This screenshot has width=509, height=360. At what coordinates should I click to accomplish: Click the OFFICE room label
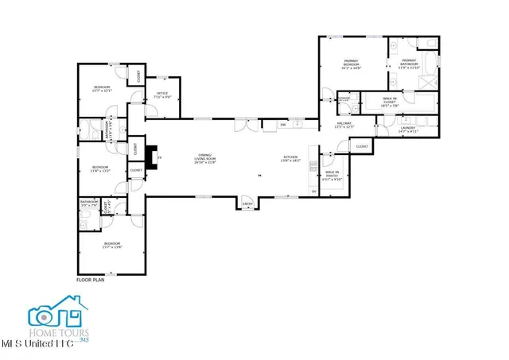pyautogui.click(x=164, y=95)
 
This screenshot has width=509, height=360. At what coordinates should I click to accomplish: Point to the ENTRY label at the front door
pyautogui.click(x=247, y=204)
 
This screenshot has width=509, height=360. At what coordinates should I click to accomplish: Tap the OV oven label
pyautogui.click(x=313, y=192)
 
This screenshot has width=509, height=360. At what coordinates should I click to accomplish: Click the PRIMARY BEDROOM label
pyautogui.click(x=352, y=64)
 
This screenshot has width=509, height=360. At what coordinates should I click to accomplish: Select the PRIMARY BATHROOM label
pyautogui.click(x=409, y=63)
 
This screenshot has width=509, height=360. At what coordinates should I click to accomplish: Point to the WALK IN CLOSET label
pyautogui.click(x=389, y=101)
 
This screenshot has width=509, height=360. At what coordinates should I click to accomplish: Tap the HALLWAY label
pyautogui.click(x=344, y=126)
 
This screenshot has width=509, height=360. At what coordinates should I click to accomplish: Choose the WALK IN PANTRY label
pyautogui.click(x=332, y=177)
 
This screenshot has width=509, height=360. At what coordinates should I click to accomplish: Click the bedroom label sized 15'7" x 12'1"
pyautogui.click(x=102, y=88)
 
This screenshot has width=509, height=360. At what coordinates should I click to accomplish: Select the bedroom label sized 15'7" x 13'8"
pyautogui.click(x=111, y=245)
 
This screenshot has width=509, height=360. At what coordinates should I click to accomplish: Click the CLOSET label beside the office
pyautogui.click(x=140, y=75)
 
